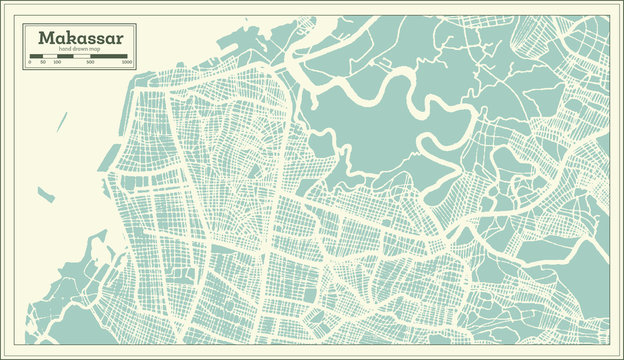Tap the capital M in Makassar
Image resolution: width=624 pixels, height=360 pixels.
point(44,37)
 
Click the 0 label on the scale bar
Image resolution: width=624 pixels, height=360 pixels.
point(30,62)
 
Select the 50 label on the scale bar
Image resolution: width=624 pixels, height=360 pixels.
point(44,62)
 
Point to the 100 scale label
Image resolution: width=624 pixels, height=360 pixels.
point(57,62)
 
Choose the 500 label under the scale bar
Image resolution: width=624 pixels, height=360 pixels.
point(91,62)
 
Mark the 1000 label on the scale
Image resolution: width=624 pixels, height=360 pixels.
point(126,62)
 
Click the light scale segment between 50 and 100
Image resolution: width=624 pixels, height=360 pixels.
point(50,56)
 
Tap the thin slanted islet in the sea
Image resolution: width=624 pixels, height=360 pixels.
point(61,121)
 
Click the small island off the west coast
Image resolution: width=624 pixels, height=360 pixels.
point(44,196)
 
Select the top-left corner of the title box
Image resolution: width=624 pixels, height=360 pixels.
point(24,25)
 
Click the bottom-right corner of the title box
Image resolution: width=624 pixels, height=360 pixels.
point(136,68)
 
